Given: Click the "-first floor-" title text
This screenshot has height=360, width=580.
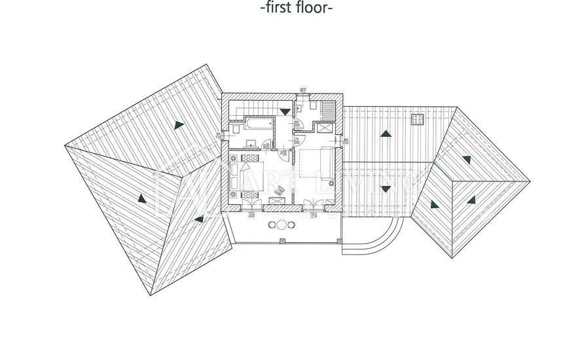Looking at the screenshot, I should pos(296,8).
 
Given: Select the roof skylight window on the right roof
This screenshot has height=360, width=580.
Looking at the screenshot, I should pos(416,118).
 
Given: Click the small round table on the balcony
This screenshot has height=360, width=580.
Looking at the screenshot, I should pos(281,225).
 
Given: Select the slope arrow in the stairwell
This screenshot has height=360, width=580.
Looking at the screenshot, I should pos(284,112).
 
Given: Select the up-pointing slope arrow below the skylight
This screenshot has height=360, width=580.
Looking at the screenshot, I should pos(386,134).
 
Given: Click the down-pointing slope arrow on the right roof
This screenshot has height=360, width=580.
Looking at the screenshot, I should pos(386,189).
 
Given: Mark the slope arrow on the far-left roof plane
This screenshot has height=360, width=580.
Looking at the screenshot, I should pos(141,197).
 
